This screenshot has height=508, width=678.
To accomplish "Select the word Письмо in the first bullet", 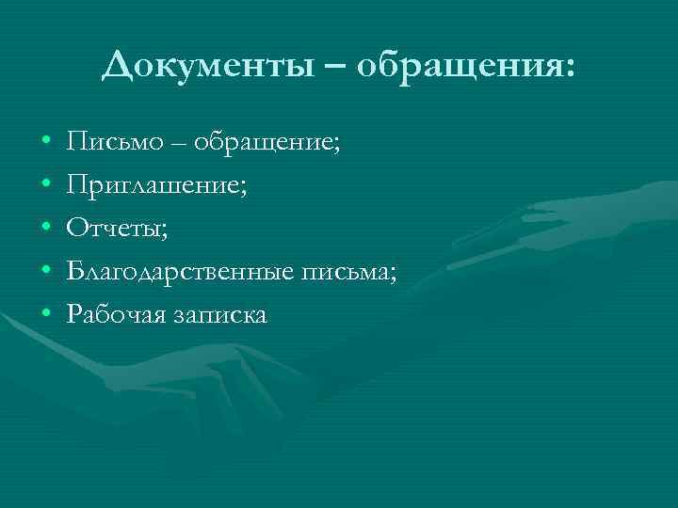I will pos(104,142).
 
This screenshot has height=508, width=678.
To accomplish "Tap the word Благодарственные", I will pos(179,271).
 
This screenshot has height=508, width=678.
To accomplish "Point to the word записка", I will pos(220,313).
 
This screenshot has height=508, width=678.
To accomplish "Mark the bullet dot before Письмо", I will pos(46,143).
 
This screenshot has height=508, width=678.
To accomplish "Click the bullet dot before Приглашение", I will pos(46,185).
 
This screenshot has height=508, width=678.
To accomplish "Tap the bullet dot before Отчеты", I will pos(46,229).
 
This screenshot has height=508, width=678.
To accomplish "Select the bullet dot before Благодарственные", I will pos(46,271).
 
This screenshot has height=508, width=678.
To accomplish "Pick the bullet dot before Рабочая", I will pos(46,314).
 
